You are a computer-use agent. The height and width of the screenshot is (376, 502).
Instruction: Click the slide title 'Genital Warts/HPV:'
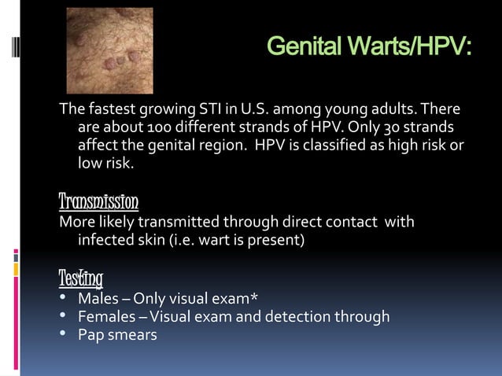369,48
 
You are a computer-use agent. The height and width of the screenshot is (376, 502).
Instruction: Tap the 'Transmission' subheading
99,201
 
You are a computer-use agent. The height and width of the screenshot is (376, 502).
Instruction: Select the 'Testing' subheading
81,278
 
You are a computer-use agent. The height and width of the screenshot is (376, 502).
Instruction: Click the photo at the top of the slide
109,51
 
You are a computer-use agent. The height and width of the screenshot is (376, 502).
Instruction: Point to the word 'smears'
134,335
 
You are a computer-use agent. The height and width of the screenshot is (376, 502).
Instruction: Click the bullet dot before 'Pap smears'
63,335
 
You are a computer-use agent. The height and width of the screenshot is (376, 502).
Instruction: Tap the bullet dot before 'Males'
63,298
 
